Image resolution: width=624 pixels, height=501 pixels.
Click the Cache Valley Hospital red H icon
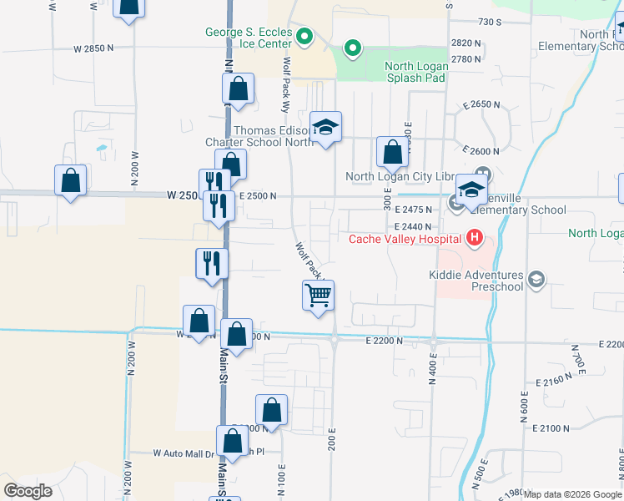(x=474, y=239)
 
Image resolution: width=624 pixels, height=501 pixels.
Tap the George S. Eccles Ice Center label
(x=248, y=38)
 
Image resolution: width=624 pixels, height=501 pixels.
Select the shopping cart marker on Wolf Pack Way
(x=318, y=296)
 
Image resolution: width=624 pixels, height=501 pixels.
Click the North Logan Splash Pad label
(x=415, y=72)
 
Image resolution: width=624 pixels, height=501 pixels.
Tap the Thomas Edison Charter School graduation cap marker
(x=325, y=128)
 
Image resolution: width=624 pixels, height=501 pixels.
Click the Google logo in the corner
(x=28, y=490)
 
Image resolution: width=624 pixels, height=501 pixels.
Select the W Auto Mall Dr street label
(x=184, y=453)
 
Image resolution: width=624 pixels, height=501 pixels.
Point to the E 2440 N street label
(x=412, y=226)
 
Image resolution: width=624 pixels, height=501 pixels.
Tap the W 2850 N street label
(x=93, y=48)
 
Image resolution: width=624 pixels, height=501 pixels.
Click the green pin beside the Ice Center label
(x=304, y=38)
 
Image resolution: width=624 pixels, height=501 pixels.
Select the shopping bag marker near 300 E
(x=391, y=153)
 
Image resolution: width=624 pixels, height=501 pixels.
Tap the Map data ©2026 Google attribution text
(x=573, y=494)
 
